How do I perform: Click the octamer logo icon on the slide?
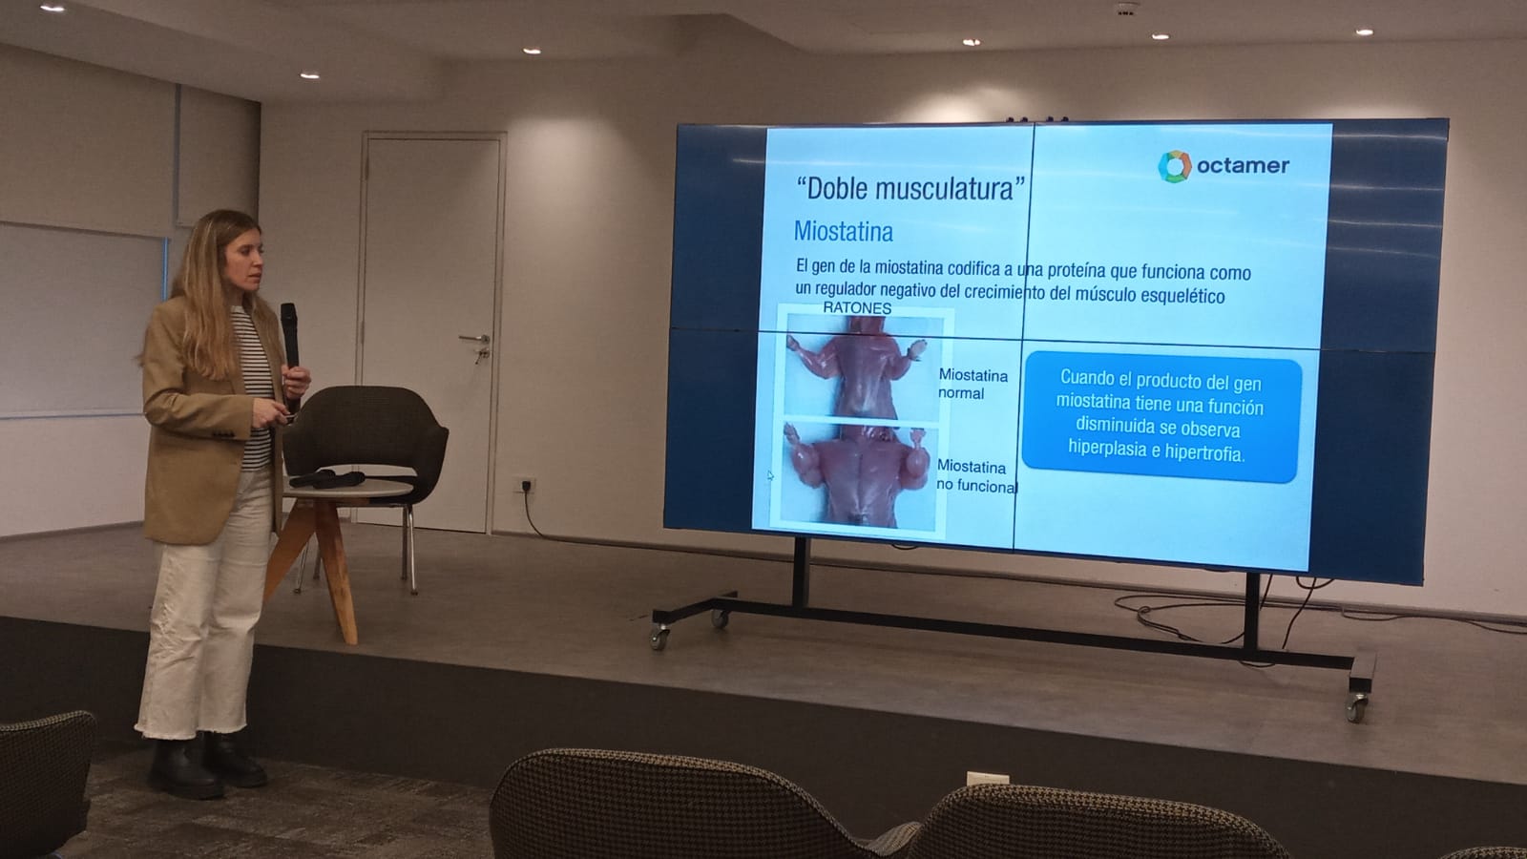click(1175, 166)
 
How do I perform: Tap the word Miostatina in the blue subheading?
click(844, 232)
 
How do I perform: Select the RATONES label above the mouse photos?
click(857, 308)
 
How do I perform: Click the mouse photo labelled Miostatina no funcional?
click(858, 475)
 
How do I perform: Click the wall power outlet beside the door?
click(524, 485)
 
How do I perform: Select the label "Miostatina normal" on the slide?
click(973, 384)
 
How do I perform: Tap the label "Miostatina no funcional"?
click(976, 476)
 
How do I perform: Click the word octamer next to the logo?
click(1243, 166)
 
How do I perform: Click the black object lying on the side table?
click(326, 478)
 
